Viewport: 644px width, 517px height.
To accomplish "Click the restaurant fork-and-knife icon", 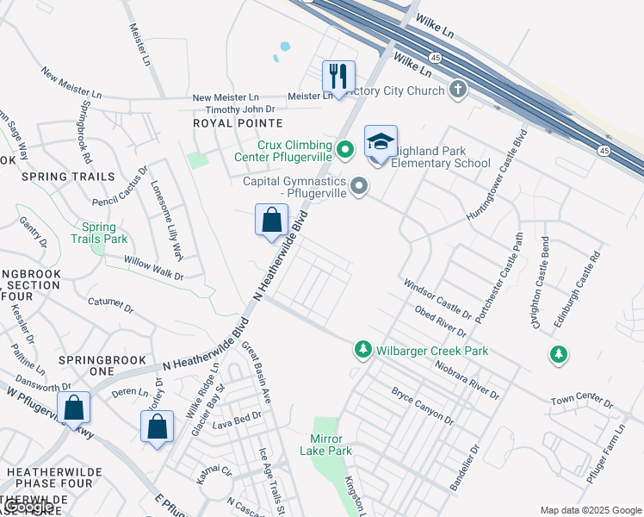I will (x=339, y=76).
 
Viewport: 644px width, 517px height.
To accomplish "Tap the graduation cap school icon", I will (x=381, y=141).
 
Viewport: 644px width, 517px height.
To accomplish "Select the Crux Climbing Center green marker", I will (x=345, y=150).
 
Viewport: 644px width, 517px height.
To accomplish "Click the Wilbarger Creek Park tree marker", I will (x=363, y=350).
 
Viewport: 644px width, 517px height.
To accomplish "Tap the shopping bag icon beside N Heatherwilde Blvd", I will (x=272, y=220).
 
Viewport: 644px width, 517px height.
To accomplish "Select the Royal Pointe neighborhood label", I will (x=226, y=123).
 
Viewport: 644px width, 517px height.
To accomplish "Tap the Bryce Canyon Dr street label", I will (x=422, y=406).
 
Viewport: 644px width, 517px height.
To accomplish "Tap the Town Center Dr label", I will (x=581, y=402).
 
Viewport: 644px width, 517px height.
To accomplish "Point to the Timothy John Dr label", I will (x=239, y=109).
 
